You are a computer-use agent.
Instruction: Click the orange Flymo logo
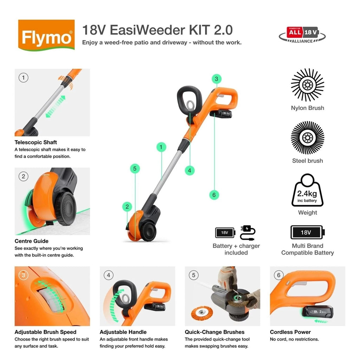46,35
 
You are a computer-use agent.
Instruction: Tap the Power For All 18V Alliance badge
302,35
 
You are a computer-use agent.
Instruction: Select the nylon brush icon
307,85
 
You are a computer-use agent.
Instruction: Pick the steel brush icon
307,138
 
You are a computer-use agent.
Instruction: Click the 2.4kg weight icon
307,190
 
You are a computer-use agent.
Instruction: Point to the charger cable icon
247,233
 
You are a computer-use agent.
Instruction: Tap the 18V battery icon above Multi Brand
308,232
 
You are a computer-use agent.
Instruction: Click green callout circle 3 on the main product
217,79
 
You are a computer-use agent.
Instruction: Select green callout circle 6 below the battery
214,195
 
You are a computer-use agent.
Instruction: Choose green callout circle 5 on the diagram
135,168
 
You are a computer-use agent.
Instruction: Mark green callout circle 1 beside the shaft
161,147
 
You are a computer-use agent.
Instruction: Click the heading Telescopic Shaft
36,142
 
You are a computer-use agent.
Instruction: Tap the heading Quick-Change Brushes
214,332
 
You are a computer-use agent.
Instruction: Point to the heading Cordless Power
290,332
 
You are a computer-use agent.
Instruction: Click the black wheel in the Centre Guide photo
66,208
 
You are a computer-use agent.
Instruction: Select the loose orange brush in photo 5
202,313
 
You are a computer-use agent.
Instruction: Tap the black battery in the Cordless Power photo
317,312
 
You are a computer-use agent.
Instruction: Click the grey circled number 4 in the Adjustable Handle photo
109,275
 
